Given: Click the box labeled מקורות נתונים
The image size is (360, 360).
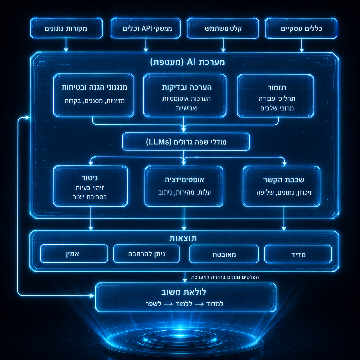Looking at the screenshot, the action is (x=66, y=28).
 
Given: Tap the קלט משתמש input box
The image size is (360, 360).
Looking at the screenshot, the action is (x=223, y=28).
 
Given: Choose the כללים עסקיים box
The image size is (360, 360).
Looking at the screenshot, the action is (x=301, y=28).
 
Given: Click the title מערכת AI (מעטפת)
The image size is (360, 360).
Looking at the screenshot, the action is (x=187, y=62).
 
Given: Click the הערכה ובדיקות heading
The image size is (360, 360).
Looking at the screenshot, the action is (x=187, y=88).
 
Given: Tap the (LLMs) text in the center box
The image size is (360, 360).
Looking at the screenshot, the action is (x=158, y=142).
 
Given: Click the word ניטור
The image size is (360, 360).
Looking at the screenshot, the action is (x=90, y=178).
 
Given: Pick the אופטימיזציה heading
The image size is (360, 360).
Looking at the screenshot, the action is (x=184, y=179).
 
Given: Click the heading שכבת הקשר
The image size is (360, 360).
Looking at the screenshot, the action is (x=284, y=179).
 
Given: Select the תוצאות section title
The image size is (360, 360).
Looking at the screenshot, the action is (x=183, y=238).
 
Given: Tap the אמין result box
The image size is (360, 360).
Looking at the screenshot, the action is (x=74, y=254).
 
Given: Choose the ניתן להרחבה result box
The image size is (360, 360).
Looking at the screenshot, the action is (x=146, y=254).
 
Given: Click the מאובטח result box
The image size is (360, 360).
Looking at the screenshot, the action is (x=224, y=254).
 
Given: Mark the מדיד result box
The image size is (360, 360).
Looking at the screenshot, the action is (x=298, y=254).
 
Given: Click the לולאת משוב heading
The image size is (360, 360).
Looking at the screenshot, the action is (x=183, y=292).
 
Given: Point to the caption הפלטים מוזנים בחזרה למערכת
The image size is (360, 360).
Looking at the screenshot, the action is (x=225, y=277).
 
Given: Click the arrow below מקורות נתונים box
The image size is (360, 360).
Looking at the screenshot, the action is (x=66, y=45).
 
